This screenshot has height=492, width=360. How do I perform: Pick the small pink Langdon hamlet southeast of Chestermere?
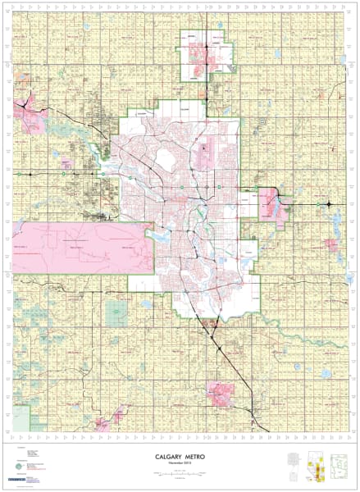click(x=332, y=244)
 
